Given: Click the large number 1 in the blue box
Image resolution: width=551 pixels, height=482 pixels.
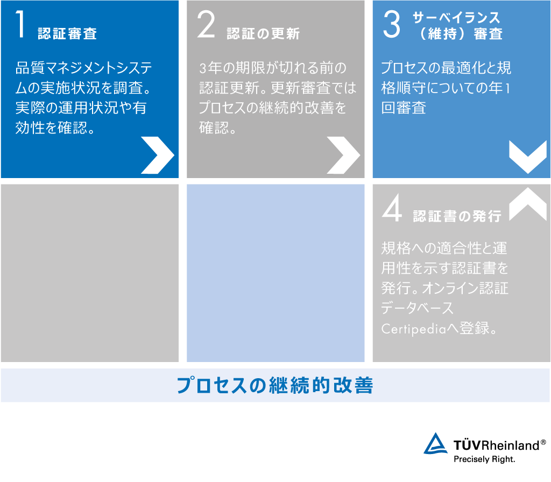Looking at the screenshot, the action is coord(20,24).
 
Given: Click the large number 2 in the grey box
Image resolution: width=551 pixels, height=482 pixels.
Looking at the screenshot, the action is coord(206,24).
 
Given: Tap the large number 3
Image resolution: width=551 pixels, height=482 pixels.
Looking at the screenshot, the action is coord(392,24).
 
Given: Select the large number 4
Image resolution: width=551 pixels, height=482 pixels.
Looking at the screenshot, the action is coord(392,208).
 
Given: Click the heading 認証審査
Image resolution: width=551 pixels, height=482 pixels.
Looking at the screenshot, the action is coord(67,33).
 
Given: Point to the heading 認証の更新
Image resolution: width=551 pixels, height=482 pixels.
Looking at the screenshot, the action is coord(263,33).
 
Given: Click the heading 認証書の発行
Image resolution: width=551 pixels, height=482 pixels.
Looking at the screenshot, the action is coord(457,216).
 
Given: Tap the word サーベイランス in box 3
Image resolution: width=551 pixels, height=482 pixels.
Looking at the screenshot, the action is coord(456,17).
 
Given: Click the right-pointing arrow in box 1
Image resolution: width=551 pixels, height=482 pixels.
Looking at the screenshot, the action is coord(158,155).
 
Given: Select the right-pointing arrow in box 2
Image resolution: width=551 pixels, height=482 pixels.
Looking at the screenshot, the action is coord(343,155).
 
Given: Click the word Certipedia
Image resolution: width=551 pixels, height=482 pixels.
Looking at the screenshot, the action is coord(414,329).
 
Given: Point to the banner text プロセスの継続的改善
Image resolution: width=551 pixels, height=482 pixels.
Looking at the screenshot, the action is coord(275,385).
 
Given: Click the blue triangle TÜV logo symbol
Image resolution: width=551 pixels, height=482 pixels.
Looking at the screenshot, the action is coord(436,443).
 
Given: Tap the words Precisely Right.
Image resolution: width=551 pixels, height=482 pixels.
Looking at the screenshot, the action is coord(484,459).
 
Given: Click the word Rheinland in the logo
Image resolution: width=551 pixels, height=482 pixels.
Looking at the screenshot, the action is coord(510,445).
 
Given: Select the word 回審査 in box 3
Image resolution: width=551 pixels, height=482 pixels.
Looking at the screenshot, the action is coord(404,108).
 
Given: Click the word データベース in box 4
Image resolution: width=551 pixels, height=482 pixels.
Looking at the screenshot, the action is coord(418,308).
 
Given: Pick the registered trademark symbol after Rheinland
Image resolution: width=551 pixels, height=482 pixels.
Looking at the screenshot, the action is coord(543,442).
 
